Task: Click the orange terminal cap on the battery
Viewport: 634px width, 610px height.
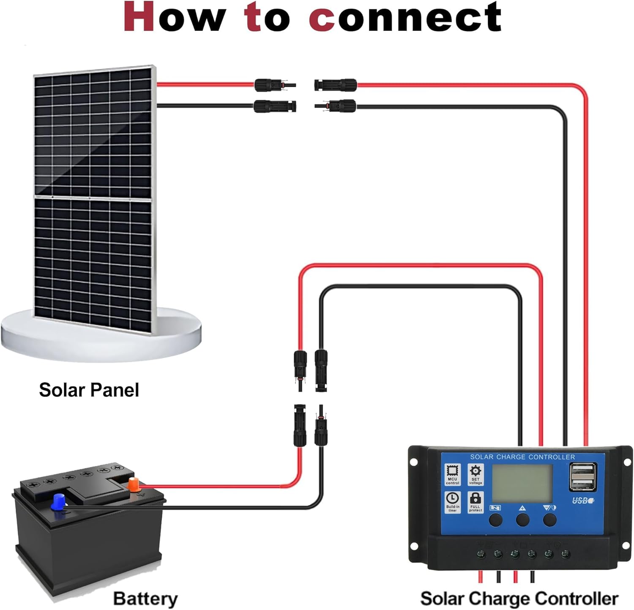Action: coord(133,484)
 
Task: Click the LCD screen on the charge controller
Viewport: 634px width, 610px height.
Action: coord(522,483)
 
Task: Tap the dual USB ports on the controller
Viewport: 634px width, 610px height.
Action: coord(583,477)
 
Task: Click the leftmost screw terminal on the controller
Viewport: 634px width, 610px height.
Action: coord(481,554)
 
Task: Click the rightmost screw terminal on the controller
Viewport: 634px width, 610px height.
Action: coord(566,554)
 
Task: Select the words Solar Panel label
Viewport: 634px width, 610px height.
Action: coord(89,390)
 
